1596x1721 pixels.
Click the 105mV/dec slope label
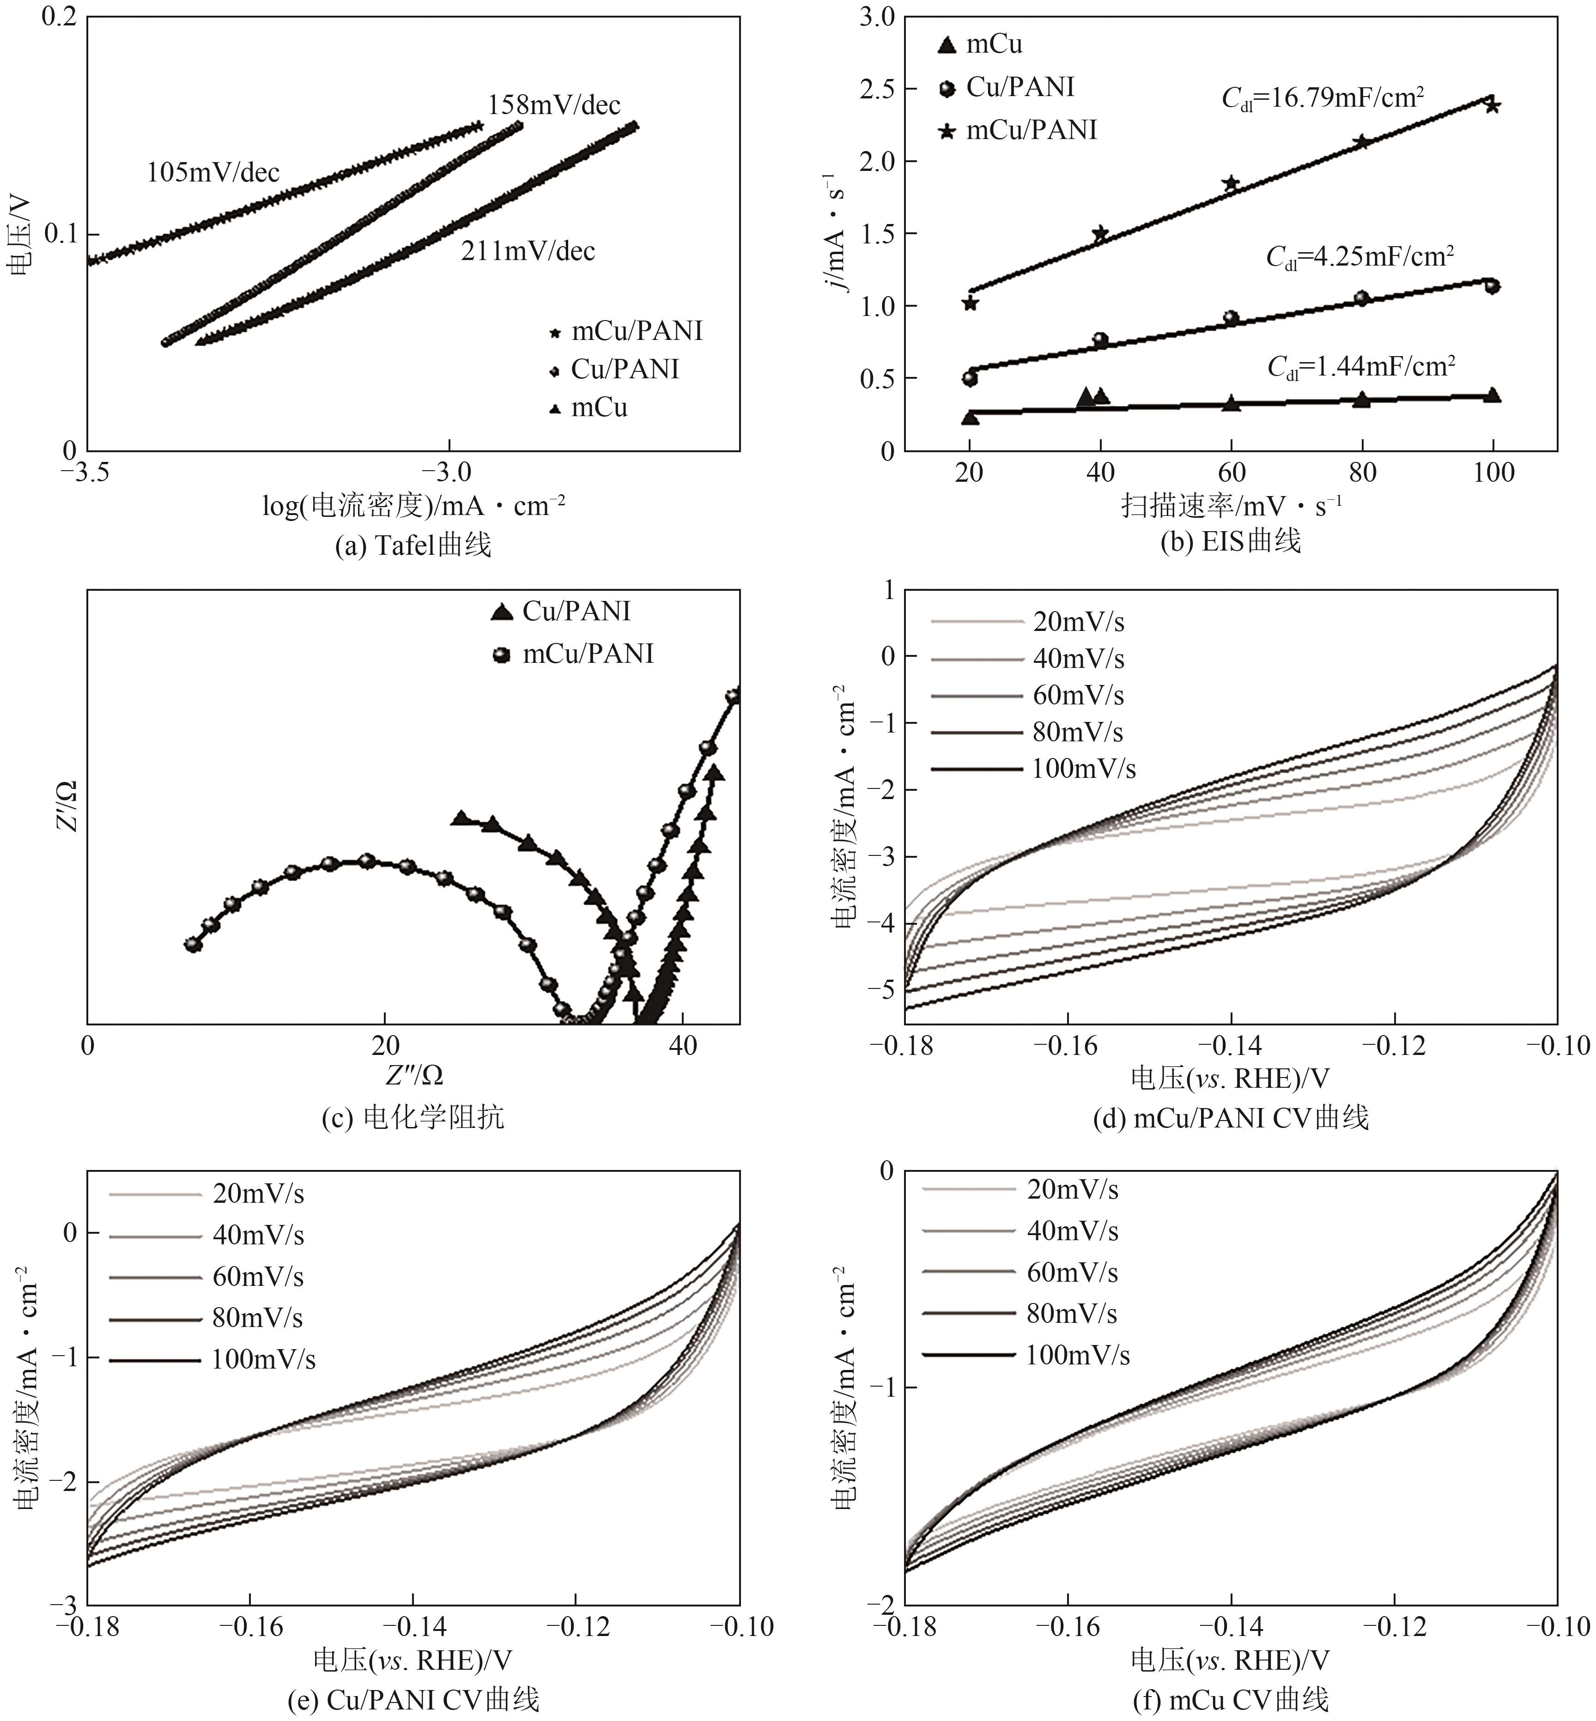click(x=213, y=173)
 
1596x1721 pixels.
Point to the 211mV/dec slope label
click(x=528, y=251)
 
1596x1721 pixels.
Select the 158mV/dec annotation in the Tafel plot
click(x=553, y=105)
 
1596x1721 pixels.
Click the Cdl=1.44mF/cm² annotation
click(x=1361, y=368)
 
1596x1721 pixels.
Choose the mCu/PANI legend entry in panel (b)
click(x=1019, y=130)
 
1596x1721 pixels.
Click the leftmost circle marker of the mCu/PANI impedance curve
click(x=194, y=945)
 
